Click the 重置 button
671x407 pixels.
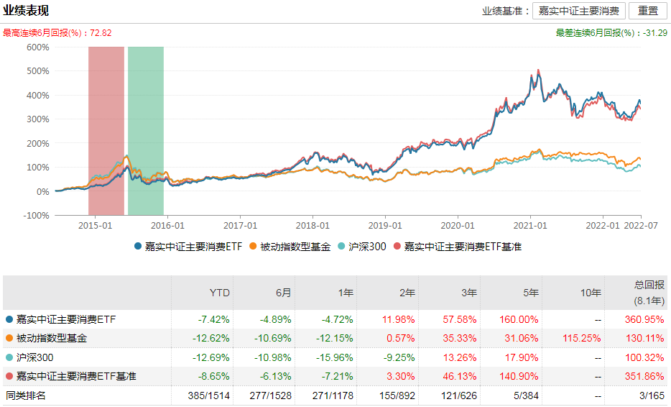[647, 11]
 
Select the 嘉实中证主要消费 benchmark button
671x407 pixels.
[578, 11]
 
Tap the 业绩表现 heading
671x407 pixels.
[27, 11]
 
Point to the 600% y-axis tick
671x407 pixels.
[37, 47]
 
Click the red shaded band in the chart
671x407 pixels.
[106, 129]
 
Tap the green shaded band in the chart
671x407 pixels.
[146, 129]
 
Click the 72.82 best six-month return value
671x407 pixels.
[101, 33]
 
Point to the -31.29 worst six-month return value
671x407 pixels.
[655, 33]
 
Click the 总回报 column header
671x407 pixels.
[651, 284]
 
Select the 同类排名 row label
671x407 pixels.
[25, 395]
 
